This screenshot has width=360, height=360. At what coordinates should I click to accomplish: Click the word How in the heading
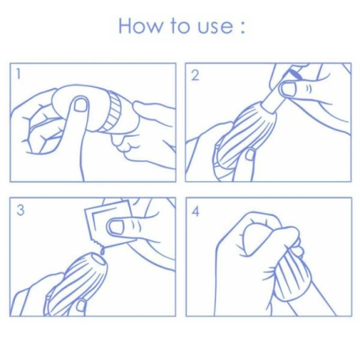[x=139, y=26]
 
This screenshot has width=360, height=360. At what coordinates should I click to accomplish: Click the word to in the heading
[x=180, y=26]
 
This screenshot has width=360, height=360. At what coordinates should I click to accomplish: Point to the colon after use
[x=243, y=27]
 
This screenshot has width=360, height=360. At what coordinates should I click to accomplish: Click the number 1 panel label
[x=18, y=74]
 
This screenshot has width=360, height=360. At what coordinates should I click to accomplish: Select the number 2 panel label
[x=195, y=75]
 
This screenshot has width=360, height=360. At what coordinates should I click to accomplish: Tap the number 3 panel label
[x=21, y=210]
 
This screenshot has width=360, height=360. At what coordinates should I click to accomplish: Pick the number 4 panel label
[x=195, y=212]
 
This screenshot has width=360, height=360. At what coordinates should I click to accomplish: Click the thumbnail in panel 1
[x=81, y=104]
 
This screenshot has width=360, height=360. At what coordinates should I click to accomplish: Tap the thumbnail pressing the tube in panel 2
[x=289, y=89]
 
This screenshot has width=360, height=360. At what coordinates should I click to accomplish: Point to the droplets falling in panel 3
[x=101, y=251]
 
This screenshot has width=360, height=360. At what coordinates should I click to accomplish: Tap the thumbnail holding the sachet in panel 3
[x=116, y=227]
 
